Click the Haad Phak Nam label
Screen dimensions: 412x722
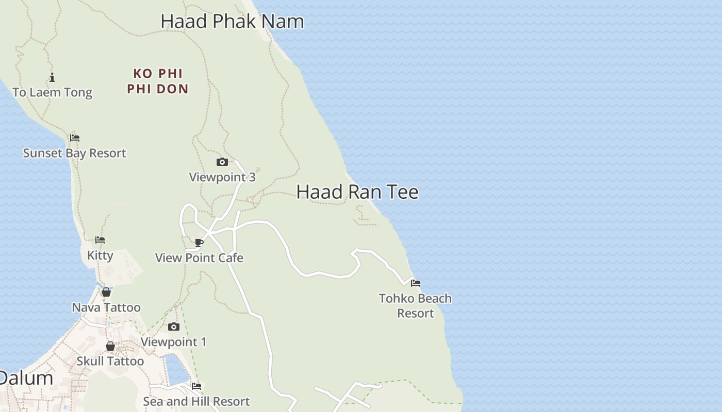(x=232, y=22)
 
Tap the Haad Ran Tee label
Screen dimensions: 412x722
(x=357, y=192)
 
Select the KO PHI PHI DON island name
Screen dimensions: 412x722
(x=158, y=81)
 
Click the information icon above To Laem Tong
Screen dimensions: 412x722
(x=52, y=78)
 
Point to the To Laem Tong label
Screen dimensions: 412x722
(x=52, y=93)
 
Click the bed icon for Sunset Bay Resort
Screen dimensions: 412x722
(x=75, y=138)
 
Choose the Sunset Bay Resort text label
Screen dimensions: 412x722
(x=75, y=153)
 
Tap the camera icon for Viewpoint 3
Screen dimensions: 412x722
(x=222, y=162)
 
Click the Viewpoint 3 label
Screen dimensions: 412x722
(x=222, y=177)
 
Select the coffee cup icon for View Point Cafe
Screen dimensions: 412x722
(x=199, y=243)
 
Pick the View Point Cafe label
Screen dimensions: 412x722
(x=199, y=258)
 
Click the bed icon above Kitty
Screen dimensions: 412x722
(x=100, y=240)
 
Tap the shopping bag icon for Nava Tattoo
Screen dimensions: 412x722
(x=106, y=293)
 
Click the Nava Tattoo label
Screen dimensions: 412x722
(x=106, y=308)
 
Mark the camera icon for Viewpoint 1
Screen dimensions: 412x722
(x=174, y=327)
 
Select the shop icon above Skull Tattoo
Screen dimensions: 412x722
(x=110, y=346)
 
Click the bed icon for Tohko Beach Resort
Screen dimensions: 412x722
(x=416, y=283)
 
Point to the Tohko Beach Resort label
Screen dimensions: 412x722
(x=416, y=306)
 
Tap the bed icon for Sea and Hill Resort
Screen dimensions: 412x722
(x=196, y=386)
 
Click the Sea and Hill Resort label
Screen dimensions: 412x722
(x=196, y=401)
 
